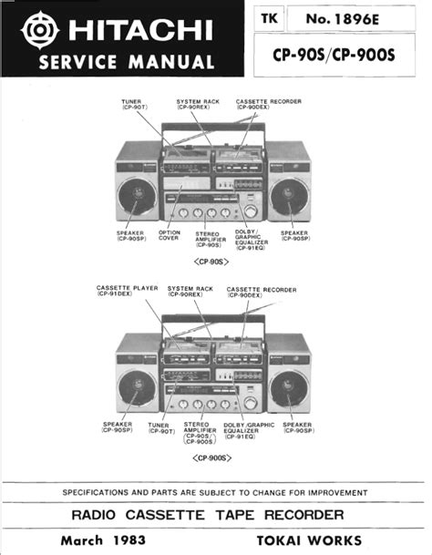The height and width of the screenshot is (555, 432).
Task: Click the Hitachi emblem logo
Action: [x=40, y=30]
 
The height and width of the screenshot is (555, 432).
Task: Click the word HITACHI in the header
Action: [x=141, y=30]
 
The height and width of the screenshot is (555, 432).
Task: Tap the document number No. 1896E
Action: [x=343, y=19]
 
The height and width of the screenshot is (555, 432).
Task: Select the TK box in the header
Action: [x=269, y=18]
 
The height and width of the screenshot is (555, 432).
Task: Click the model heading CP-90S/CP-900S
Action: [x=334, y=55]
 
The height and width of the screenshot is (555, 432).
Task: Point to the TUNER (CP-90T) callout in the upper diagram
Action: [x=134, y=104]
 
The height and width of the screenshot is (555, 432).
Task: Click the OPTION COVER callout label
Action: [x=170, y=235]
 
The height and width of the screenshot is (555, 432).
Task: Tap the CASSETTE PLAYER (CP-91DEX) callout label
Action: [x=127, y=291]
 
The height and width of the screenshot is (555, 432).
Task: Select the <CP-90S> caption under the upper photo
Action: [x=211, y=262]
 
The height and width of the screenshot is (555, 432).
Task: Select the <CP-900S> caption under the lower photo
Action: [x=211, y=458]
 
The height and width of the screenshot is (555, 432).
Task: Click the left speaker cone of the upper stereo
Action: [x=137, y=197]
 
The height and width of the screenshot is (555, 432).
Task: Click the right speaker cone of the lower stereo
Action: [x=289, y=388]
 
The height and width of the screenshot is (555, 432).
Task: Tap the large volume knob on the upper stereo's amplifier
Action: [x=251, y=211]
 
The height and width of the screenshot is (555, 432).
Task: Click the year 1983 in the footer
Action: [x=129, y=540]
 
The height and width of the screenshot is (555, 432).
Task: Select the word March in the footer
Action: [x=82, y=540]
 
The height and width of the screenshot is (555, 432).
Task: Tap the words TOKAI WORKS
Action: [x=309, y=540]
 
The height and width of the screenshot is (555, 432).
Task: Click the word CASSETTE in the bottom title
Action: [x=165, y=515]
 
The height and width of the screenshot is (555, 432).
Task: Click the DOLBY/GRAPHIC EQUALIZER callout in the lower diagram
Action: [x=249, y=430]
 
